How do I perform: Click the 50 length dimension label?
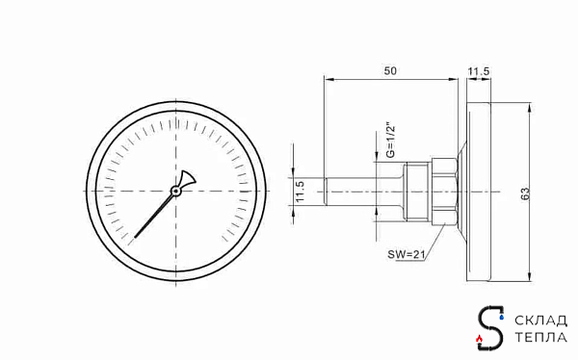[x=390, y=70]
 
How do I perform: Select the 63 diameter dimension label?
[x=525, y=193]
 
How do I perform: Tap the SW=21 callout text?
[x=407, y=254]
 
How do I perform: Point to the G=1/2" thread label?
[x=390, y=141]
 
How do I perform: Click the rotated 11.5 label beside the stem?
[x=300, y=192]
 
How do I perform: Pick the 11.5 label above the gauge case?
[x=479, y=71]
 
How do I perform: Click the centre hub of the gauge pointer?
[x=176, y=191]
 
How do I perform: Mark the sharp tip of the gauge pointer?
[x=135, y=238]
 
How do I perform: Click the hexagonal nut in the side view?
[x=444, y=192]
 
